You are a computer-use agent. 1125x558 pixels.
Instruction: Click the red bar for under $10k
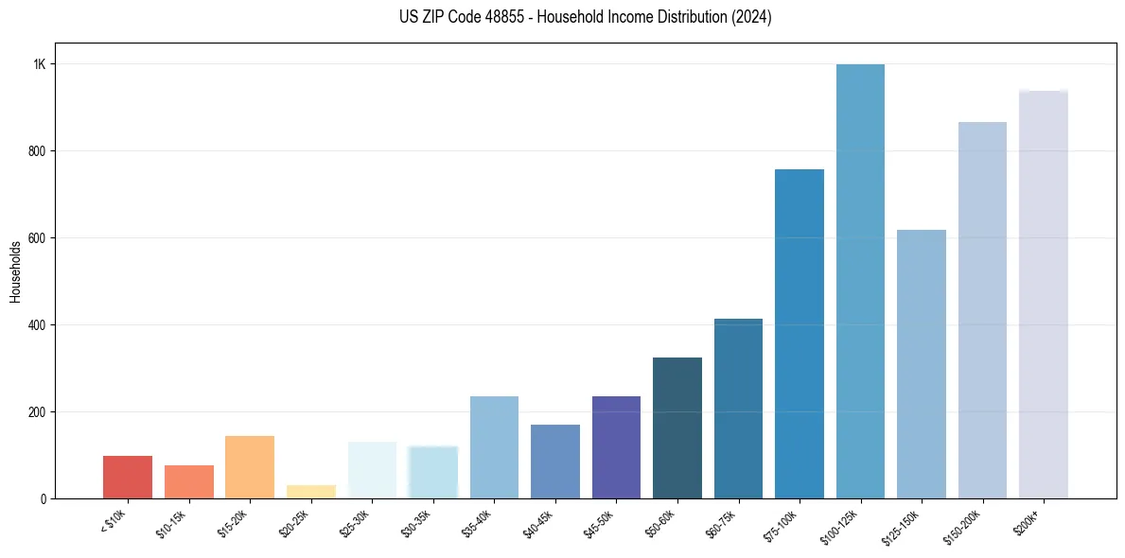pyautogui.click(x=128, y=478)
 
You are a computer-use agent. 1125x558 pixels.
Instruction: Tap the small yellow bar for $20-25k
pyautogui.click(x=310, y=492)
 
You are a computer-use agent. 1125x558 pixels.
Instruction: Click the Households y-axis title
pyautogui.click(x=16, y=271)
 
